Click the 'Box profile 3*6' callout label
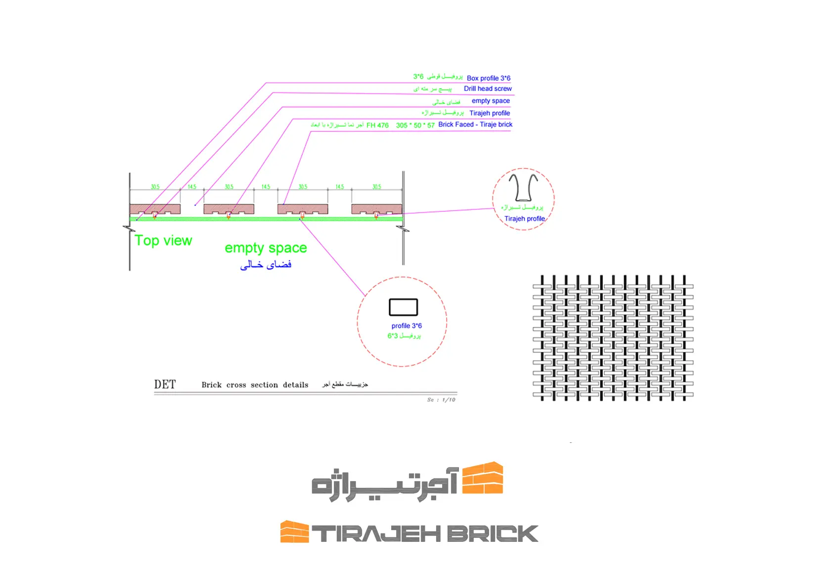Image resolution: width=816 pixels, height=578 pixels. coord(488,78)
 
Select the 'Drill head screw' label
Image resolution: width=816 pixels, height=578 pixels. coord(488,89)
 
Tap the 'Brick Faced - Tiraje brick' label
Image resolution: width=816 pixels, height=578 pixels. coord(475,125)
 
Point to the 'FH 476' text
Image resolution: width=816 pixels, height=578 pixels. coord(377,126)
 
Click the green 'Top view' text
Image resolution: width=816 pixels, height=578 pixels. coord(163,241)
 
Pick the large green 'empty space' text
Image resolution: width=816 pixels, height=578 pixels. coord(266,248)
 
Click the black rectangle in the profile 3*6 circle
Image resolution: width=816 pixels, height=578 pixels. coord(403,307)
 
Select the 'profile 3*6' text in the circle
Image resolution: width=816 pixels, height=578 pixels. coord(407,326)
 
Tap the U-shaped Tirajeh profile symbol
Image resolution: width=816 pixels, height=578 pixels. coord(523,187)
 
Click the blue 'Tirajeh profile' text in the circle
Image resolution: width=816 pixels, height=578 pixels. coord(524,219)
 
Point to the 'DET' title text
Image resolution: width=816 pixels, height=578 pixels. coord(165,385)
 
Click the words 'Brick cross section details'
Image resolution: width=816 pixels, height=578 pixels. coord(255,385)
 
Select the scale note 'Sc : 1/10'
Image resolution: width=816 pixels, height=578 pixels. coord(441,400)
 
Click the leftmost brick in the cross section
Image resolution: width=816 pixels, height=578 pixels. coord(155,208)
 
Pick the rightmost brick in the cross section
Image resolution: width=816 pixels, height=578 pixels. coord(376,208)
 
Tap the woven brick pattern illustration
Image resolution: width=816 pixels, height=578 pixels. coord(613,337)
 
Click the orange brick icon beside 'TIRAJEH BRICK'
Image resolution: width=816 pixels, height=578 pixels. coord(294,532)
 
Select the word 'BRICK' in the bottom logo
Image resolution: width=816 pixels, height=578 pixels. coord(492,534)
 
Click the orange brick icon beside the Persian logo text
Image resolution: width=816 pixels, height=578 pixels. coord(482,478)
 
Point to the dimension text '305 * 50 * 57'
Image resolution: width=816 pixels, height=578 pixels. coord(415,126)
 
